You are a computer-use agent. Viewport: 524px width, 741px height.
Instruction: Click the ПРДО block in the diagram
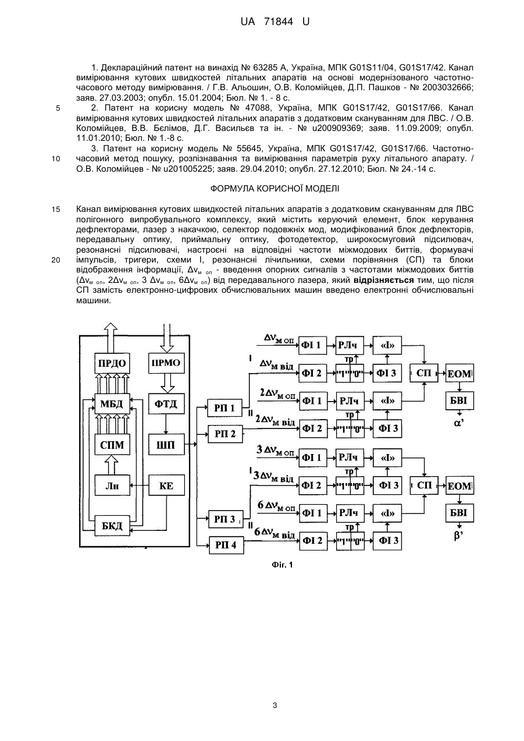(x=112, y=363)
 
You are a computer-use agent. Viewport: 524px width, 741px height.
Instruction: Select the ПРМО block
(x=166, y=363)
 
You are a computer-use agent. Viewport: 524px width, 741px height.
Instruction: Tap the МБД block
(x=112, y=403)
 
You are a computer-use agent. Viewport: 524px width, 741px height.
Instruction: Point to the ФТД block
(x=166, y=403)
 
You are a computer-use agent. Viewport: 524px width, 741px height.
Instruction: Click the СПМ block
(x=112, y=445)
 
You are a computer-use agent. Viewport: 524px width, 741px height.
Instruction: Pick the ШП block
(x=166, y=445)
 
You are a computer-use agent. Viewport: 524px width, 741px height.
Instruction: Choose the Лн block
(x=112, y=485)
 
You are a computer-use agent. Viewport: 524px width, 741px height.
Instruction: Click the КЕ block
(x=166, y=485)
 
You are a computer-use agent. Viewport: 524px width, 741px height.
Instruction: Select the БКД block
(x=112, y=525)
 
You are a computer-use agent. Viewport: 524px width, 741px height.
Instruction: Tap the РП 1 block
(x=225, y=408)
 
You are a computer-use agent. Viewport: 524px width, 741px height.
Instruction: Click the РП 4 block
(x=226, y=545)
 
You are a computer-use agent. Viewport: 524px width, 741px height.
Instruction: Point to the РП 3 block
(x=226, y=519)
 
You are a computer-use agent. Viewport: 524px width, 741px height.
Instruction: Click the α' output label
(x=459, y=423)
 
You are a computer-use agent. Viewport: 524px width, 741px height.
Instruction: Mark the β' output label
(x=459, y=536)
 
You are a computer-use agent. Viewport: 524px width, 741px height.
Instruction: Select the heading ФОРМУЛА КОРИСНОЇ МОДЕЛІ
(x=275, y=189)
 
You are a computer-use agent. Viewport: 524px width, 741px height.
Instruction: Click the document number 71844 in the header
(x=279, y=22)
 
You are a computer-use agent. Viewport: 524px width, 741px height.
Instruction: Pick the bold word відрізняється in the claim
(x=383, y=280)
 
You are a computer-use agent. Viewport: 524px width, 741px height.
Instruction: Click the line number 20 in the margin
(x=56, y=260)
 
